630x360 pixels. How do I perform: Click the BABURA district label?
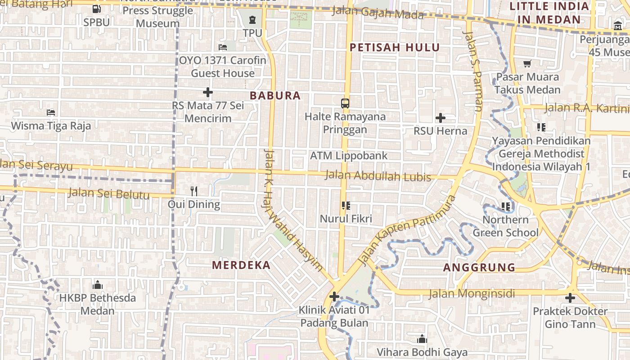pyautogui.click(x=275, y=95)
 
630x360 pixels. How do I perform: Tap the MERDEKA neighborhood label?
pyautogui.click(x=241, y=265)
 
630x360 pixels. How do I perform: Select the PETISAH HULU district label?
pyautogui.click(x=395, y=47)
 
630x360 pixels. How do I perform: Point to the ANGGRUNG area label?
pyautogui.click(x=479, y=267)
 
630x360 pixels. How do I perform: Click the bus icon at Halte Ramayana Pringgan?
pyautogui.click(x=345, y=103)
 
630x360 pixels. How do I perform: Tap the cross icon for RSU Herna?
pyautogui.click(x=441, y=118)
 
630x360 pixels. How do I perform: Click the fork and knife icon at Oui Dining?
pyautogui.click(x=194, y=191)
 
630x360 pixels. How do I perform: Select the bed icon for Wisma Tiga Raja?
pyautogui.click(x=51, y=112)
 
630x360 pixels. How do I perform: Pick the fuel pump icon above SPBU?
pyautogui.click(x=96, y=9)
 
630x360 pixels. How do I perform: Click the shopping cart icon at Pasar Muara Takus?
pyautogui.click(x=527, y=63)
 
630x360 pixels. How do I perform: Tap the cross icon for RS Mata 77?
pyautogui.click(x=207, y=93)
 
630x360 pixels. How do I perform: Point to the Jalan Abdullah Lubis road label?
pyautogui.click(x=378, y=176)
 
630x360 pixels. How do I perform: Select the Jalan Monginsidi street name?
pyautogui.click(x=472, y=294)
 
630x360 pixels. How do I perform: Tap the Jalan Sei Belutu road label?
pyautogui.click(x=108, y=194)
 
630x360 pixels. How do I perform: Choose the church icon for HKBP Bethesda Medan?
pyautogui.click(x=98, y=285)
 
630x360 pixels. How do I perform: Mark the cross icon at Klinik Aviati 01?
pyautogui.click(x=334, y=297)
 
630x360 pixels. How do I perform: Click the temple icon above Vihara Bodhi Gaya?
pyautogui.click(x=422, y=339)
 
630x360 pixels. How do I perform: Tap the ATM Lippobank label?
pyautogui.click(x=349, y=156)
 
